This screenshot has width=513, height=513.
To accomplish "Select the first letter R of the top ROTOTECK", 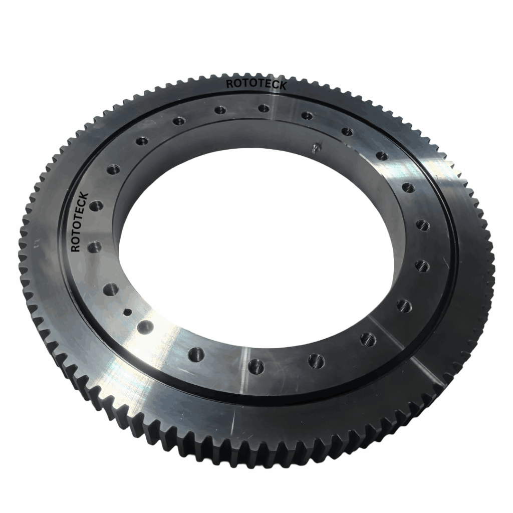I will click(229, 84).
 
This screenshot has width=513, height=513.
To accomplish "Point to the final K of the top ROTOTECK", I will click(283, 86).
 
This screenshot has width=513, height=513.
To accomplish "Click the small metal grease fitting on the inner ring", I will click(315, 147).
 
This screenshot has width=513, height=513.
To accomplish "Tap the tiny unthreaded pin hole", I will click(127, 312).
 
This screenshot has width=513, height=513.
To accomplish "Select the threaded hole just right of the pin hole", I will click(146, 327).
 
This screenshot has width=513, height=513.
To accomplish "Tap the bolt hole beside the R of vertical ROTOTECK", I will click(94, 246).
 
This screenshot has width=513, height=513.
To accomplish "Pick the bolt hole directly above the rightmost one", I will click(408, 188).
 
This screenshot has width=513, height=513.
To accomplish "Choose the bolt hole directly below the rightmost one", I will click(420, 265).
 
